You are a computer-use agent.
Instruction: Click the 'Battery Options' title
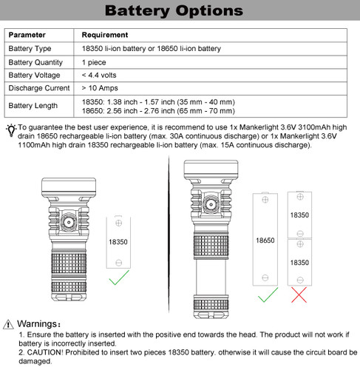(174, 10)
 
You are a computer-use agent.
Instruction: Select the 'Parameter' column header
(27, 35)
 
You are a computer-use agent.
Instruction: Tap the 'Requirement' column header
(105, 35)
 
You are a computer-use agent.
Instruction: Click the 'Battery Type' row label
(30, 49)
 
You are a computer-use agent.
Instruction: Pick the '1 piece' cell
(94, 62)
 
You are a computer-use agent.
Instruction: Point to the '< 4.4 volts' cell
(99, 75)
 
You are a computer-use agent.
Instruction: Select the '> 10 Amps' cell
(100, 88)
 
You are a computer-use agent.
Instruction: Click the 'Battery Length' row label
(33, 106)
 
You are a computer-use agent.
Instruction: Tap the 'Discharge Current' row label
(39, 88)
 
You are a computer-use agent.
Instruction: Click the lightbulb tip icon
(11, 130)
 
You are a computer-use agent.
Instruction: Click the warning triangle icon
(8, 324)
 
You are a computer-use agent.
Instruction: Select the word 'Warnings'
(37, 324)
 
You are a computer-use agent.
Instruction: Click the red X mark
(299, 295)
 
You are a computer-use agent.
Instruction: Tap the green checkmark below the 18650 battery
(268, 295)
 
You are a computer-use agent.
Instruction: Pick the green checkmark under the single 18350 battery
(119, 277)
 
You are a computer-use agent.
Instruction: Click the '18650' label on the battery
(265, 240)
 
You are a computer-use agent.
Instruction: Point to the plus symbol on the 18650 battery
(265, 200)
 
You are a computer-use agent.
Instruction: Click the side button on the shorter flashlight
(69, 222)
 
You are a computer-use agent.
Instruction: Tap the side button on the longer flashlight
(211, 204)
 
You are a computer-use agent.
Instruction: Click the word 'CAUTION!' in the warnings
(45, 352)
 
